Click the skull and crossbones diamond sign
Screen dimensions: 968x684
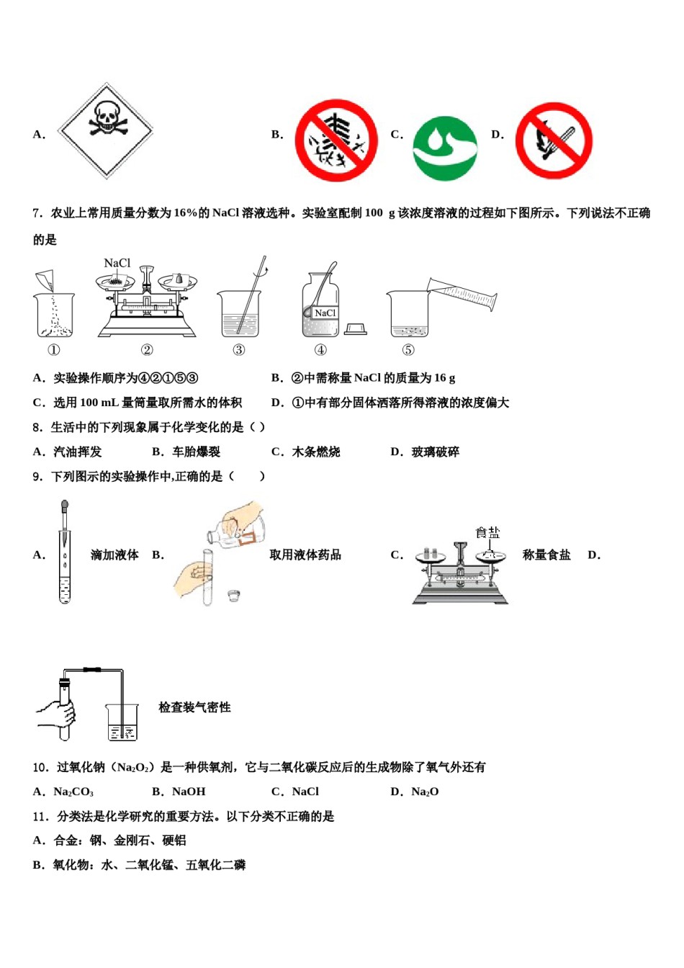pos(107,131)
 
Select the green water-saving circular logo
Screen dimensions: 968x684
pos(444,148)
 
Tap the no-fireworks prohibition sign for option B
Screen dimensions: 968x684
pos(336,140)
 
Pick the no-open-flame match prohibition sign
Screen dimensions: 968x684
pos(553,140)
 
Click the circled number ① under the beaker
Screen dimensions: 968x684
pos(54,350)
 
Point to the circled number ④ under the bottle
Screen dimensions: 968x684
pos(320,350)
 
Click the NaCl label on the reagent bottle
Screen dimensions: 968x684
pos(325,313)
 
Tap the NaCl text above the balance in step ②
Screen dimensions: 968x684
pos(117,264)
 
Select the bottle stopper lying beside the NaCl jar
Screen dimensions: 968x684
pos(356,329)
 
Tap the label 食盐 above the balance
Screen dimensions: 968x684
pos(487,533)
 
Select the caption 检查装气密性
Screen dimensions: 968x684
pos(194,707)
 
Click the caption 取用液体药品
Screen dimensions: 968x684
pos(305,555)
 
